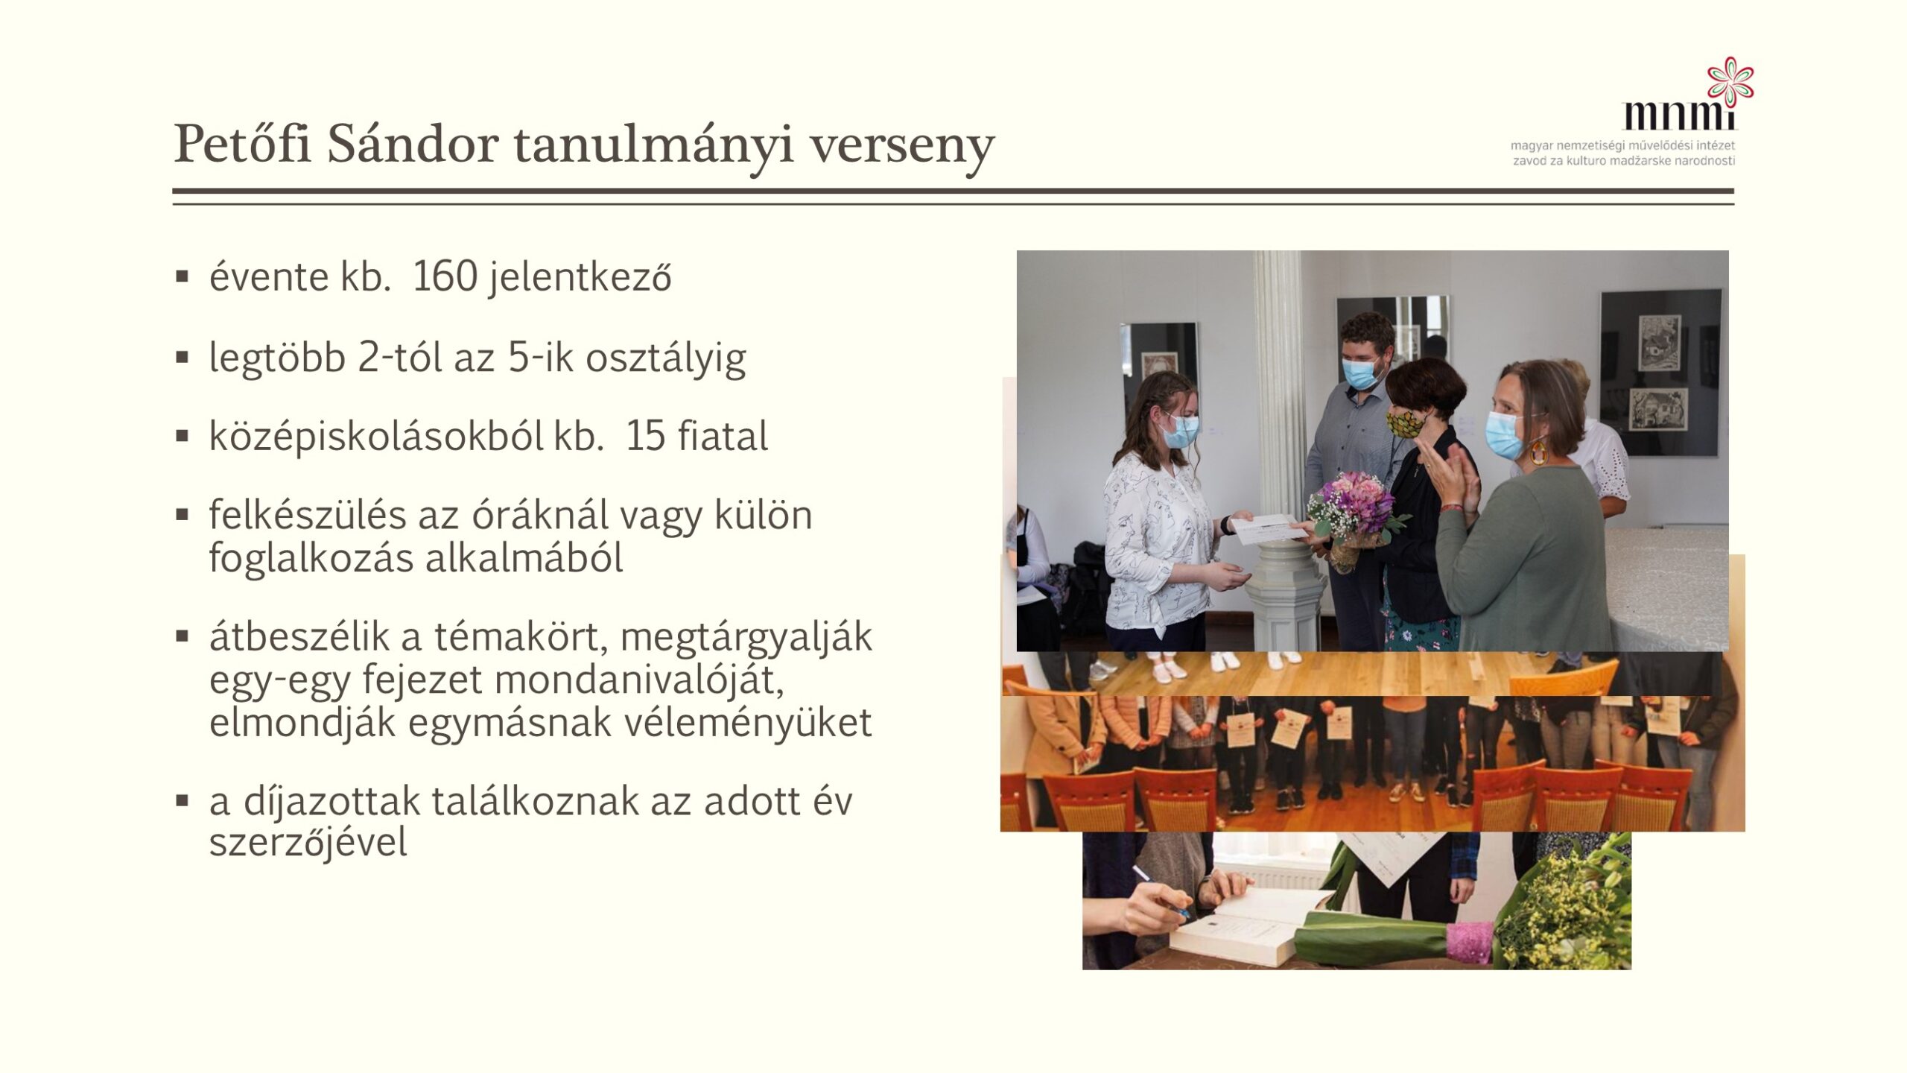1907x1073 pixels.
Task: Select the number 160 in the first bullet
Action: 444,276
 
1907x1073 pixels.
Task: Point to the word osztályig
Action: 665,358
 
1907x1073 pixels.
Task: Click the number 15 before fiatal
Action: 645,436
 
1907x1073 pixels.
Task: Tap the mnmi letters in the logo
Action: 1679,115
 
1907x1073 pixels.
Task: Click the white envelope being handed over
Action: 1269,526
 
